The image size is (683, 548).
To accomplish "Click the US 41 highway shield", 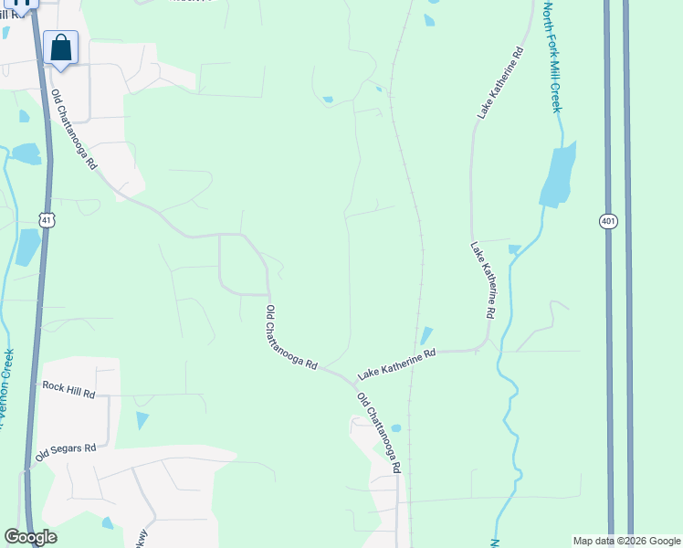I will (47, 219).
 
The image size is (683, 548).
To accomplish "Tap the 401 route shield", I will (608, 221).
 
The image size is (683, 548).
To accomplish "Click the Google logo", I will (30, 537).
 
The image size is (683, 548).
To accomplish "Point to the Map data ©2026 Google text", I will (625, 541).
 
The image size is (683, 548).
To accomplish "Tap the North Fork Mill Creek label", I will (552, 58).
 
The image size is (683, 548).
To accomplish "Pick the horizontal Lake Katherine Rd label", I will (396, 363).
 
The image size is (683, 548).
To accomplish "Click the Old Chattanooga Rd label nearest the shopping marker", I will (74, 130).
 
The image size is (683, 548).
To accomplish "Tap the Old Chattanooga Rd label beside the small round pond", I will (379, 432).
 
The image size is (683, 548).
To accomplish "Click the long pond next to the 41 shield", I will (28, 247).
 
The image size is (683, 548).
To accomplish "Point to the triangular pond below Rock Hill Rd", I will (142, 420).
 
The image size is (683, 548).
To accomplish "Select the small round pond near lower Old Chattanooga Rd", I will (395, 428).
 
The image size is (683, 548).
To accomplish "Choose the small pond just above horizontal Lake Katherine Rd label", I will (426, 335).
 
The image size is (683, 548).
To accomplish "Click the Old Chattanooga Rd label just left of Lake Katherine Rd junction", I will (289, 337).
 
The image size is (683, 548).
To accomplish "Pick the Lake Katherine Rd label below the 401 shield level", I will (484, 279).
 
